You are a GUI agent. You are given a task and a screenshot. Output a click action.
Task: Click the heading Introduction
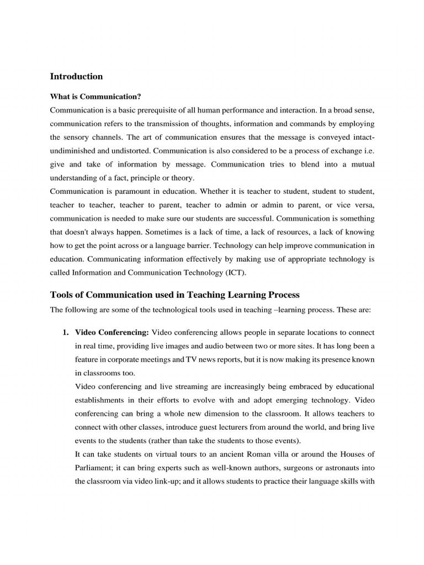76,76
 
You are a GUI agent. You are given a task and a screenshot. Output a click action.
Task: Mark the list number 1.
65,333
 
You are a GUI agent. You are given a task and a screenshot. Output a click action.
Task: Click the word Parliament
95,467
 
